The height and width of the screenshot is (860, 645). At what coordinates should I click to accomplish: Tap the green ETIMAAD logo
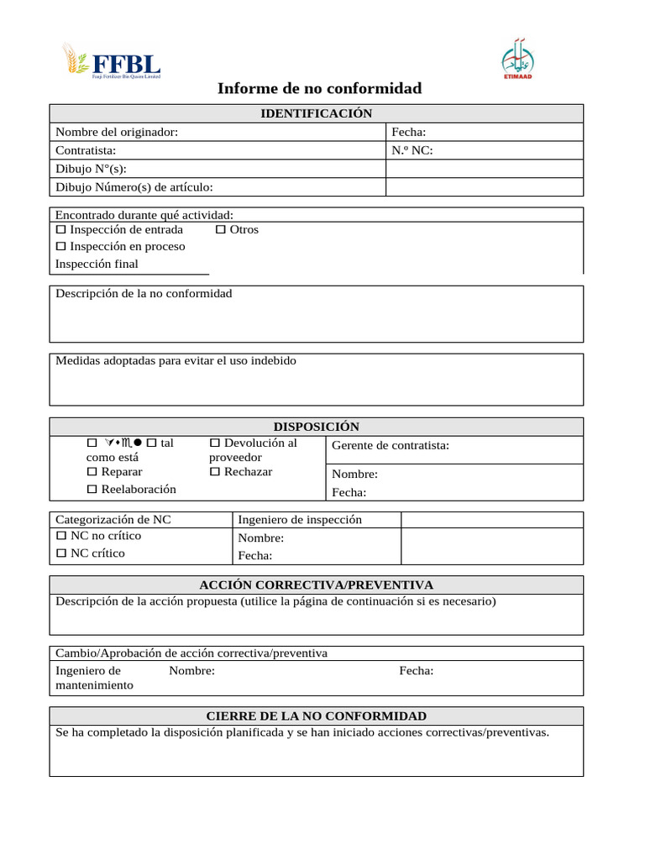coord(518,60)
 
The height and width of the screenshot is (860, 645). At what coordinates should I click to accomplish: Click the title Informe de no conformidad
coord(319,88)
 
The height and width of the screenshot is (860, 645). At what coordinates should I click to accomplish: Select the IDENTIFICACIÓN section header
coord(316,113)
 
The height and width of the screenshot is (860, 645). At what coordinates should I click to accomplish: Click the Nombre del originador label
coord(116,132)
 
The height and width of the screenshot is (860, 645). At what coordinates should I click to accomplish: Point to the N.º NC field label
coord(412,150)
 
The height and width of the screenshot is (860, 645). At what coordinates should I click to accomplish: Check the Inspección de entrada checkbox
coord(60,230)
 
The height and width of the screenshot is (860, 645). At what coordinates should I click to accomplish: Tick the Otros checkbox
coord(220,230)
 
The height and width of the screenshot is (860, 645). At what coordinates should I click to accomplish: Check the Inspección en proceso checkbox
coord(60,247)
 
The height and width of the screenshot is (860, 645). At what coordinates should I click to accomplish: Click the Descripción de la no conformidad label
coord(144,293)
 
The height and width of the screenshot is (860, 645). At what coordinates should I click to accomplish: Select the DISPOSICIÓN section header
coord(316,427)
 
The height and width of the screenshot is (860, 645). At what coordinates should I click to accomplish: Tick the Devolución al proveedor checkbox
coord(214,443)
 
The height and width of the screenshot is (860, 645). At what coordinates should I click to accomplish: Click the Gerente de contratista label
coord(391,445)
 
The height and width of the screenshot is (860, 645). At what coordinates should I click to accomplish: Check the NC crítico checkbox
coord(60,553)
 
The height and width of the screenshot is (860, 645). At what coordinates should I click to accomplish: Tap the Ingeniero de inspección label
coord(300,520)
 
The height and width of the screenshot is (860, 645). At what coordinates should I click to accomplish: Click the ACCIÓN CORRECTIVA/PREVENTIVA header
coord(316,585)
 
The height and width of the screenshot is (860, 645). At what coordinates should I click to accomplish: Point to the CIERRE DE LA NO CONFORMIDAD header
coord(316,716)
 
